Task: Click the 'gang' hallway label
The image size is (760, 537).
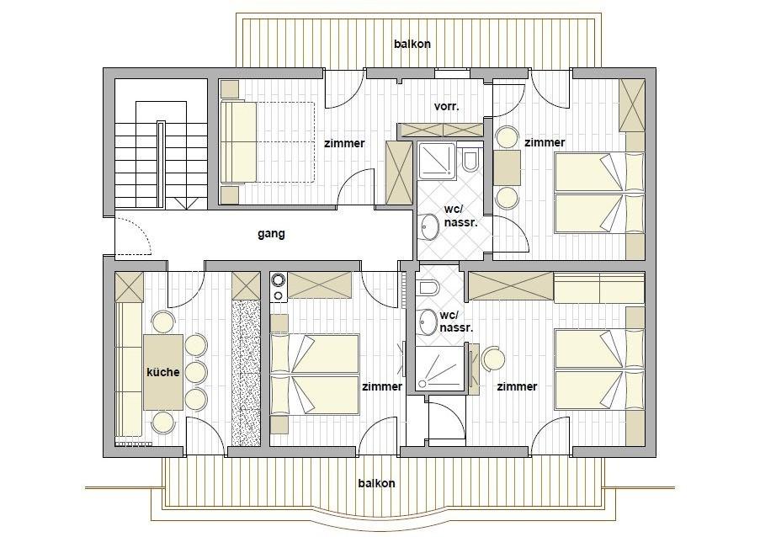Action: (x=271, y=234)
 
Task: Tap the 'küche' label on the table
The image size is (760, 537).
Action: (x=163, y=372)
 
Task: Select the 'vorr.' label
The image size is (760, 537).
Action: (x=446, y=106)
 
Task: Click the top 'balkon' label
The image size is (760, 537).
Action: (x=412, y=44)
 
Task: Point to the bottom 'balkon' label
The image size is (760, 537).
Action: (x=376, y=483)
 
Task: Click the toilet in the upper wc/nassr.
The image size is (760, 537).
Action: (x=470, y=161)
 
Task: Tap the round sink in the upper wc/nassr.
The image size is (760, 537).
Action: (x=428, y=226)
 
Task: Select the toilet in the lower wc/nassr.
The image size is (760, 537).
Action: (x=428, y=288)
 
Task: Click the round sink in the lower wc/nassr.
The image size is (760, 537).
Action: (x=428, y=322)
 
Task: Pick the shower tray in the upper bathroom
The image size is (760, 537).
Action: (x=437, y=161)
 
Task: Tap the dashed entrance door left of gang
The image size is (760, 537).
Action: (x=134, y=236)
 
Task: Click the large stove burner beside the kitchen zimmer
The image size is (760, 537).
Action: (x=279, y=280)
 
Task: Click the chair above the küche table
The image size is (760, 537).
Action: (x=163, y=322)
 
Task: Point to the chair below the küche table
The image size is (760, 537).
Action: (x=163, y=423)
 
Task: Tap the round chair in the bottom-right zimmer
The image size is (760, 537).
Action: (x=493, y=359)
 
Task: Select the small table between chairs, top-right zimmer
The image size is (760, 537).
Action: (x=507, y=167)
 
